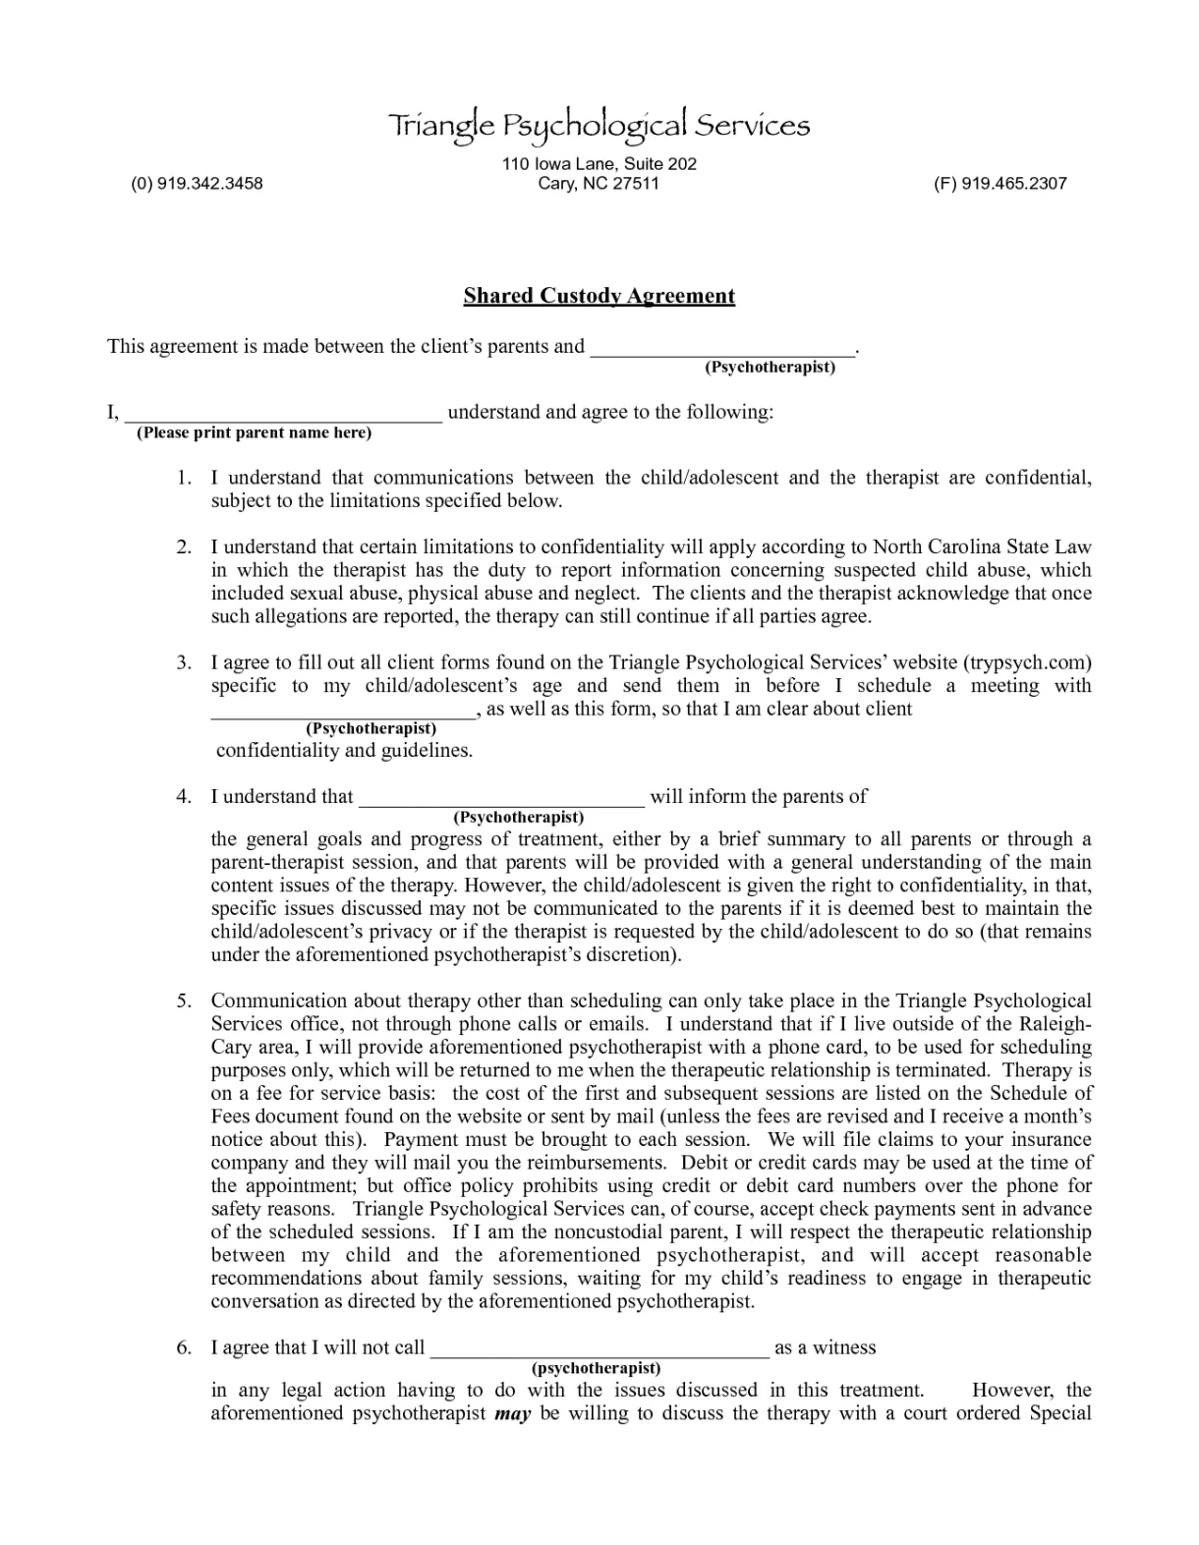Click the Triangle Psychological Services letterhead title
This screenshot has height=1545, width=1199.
(599, 125)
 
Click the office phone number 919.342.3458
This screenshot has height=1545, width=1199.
(197, 183)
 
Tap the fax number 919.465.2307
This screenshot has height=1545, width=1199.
(999, 183)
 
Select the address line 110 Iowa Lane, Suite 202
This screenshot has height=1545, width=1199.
(599, 163)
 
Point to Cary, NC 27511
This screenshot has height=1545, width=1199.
(599, 183)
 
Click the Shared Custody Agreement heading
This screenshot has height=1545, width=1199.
(599, 296)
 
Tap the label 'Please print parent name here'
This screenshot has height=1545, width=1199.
(254, 432)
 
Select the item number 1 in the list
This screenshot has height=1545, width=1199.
(184, 478)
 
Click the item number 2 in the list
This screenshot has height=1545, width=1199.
(184, 546)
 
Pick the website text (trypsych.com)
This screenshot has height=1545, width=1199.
(1027, 662)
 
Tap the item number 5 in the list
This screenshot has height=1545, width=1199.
(184, 1001)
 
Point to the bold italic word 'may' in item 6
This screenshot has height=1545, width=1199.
(512, 1413)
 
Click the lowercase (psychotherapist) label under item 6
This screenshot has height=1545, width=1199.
(596, 1367)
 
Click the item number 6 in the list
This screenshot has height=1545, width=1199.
(184, 1347)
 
